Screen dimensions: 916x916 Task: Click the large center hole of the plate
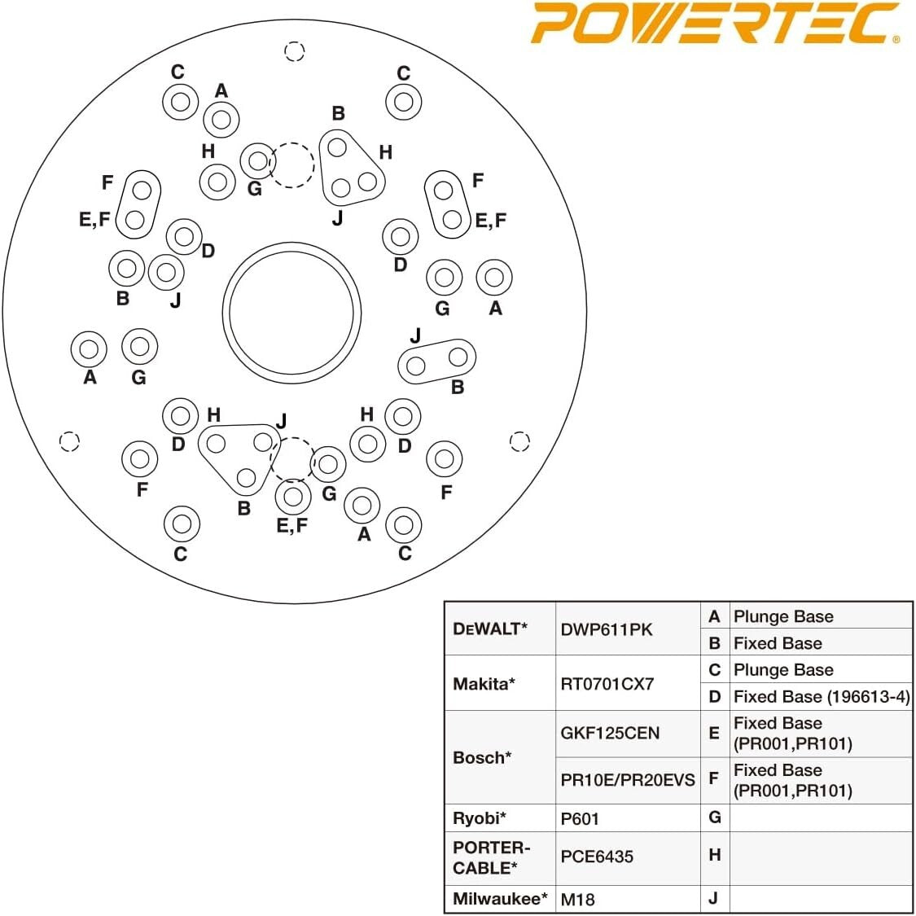291,313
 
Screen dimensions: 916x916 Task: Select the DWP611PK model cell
607,629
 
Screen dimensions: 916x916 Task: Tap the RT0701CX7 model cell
607,684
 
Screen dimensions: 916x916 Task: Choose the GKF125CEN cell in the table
610,733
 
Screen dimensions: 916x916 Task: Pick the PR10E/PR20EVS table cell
628,780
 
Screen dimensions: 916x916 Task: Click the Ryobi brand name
480,817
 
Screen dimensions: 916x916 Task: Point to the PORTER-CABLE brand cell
491,857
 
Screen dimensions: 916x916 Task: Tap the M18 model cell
578,900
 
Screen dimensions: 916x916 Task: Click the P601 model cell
580,818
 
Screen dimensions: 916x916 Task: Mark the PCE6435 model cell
597,857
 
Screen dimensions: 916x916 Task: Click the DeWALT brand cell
490,629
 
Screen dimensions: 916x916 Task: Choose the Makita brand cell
484,684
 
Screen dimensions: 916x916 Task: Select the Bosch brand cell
482,757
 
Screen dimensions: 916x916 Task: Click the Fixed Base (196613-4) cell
821,696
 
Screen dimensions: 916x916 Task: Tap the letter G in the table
715,817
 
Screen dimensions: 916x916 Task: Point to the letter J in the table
714,899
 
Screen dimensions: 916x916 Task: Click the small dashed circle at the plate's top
295,52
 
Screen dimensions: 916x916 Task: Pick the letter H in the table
715,855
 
